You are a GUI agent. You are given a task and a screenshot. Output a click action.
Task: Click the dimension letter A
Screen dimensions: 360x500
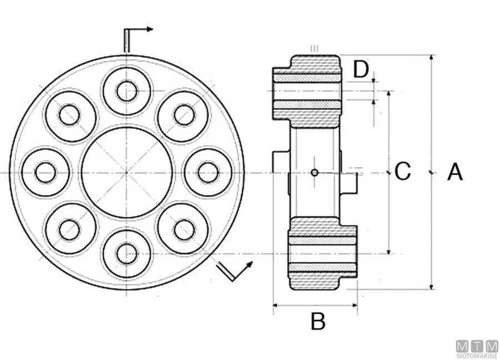[455, 172]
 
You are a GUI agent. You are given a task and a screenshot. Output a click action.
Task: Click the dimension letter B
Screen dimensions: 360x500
[317, 322]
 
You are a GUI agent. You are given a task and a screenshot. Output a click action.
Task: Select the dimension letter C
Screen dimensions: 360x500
[403, 172]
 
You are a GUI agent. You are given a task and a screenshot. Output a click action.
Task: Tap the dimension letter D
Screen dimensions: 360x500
[361, 69]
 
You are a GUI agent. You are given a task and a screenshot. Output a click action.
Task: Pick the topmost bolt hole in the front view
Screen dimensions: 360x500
[127, 91]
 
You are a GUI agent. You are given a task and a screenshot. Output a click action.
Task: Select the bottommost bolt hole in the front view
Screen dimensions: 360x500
[127, 254]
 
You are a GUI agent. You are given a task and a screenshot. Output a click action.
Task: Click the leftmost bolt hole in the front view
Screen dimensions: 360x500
[46, 172]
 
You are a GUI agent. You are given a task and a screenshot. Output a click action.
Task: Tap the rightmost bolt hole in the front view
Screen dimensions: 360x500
[208, 172]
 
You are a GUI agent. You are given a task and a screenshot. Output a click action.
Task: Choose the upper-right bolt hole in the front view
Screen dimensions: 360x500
[184, 115]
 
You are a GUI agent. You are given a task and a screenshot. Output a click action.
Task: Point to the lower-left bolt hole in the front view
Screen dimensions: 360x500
[69, 229]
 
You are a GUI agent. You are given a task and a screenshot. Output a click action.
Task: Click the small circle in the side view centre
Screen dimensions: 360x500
[315, 172]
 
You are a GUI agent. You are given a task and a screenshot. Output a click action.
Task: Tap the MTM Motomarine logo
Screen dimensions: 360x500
[477, 349]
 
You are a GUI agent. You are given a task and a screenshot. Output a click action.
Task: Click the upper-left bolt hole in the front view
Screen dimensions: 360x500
[69, 115]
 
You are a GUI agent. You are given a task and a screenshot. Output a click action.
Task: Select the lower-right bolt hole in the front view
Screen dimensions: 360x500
[184, 229]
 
